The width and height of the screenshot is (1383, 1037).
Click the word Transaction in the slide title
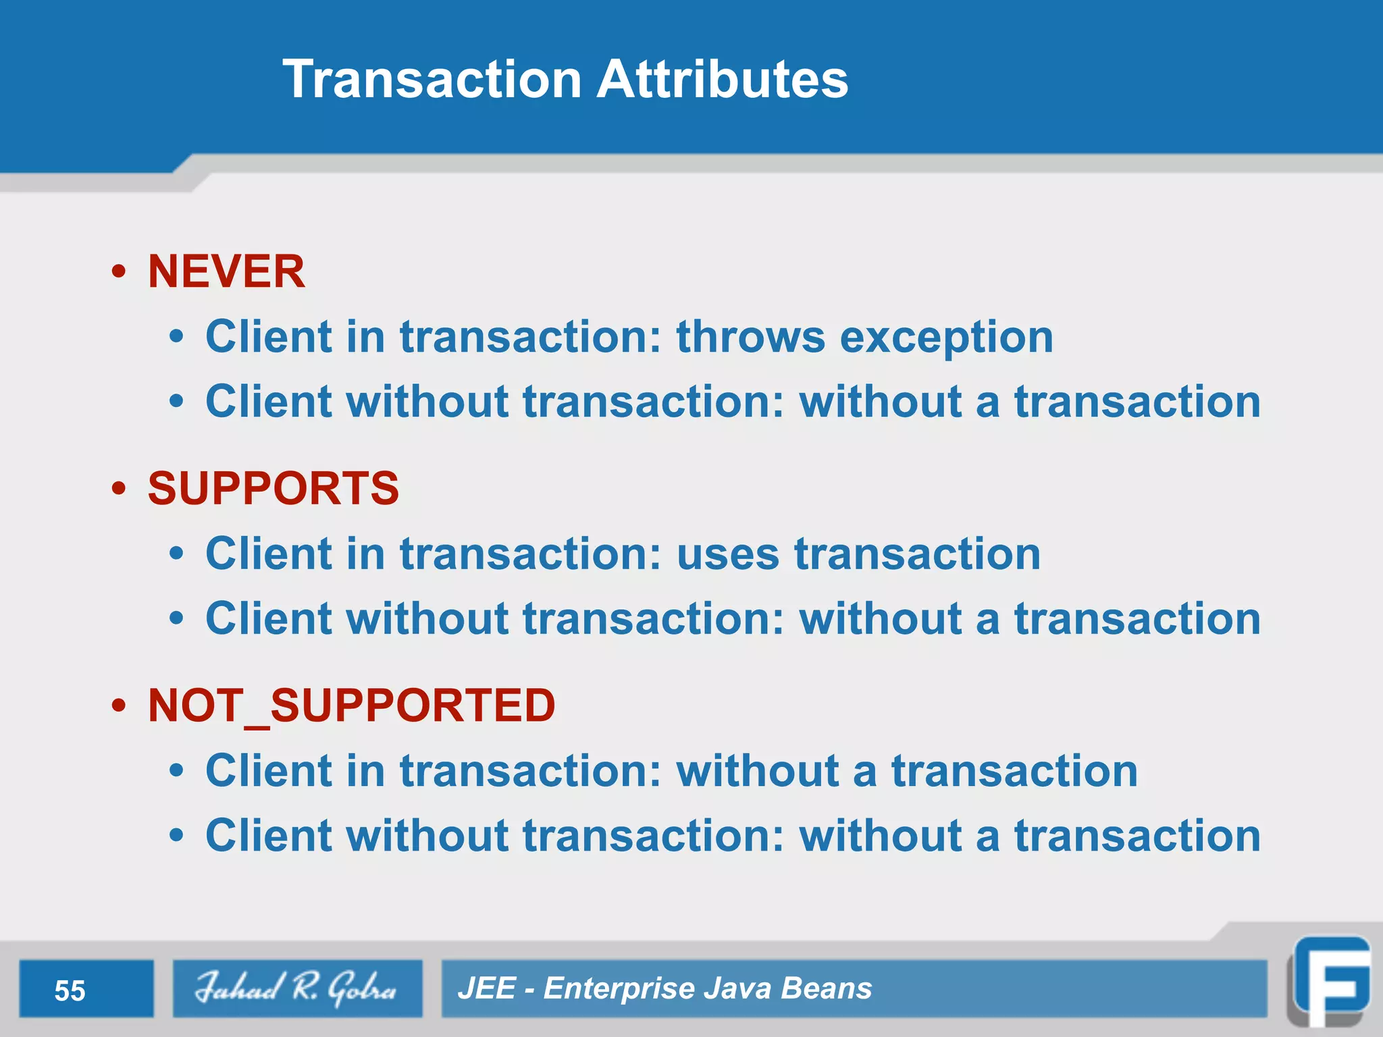[x=432, y=80]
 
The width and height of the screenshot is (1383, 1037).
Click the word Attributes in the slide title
[x=722, y=80]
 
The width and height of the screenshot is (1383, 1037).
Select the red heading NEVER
[x=226, y=271]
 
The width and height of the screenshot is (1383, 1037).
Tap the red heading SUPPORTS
[x=273, y=488]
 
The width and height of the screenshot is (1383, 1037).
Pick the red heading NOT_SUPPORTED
[x=351, y=706]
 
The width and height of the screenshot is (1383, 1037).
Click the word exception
[x=945, y=338]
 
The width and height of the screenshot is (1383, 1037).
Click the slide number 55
[x=70, y=990]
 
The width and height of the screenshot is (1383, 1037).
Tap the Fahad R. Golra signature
[x=296, y=988]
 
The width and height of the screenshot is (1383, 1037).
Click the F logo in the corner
[x=1330, y=986]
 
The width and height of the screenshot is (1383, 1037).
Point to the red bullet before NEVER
[x=119, y=272]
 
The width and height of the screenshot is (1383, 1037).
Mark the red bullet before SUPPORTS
[x=119, y=489]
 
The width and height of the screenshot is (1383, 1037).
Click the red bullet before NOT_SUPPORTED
[x=119, y=706]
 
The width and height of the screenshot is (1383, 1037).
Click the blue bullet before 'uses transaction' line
[x=176, y=554]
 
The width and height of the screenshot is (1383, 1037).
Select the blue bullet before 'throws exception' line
[x=176, y=337]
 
